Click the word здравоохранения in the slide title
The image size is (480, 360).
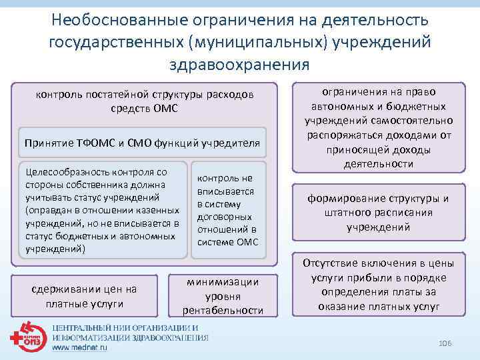click(239, 64)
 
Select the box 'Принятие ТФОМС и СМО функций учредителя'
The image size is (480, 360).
click(142, 143)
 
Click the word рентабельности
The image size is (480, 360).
click(223, 310)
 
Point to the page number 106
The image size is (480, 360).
click(445, 343)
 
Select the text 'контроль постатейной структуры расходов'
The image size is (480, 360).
click(145, 95)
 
